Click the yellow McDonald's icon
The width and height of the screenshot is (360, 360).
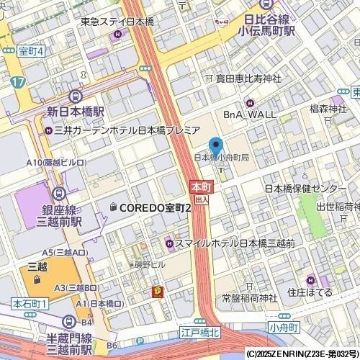[x=156, y=291]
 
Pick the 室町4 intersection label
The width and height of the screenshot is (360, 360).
[x=30, y=51]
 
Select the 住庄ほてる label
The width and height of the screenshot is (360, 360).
[x=310, y=292]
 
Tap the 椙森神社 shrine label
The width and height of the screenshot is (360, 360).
[x=328, y=109]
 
